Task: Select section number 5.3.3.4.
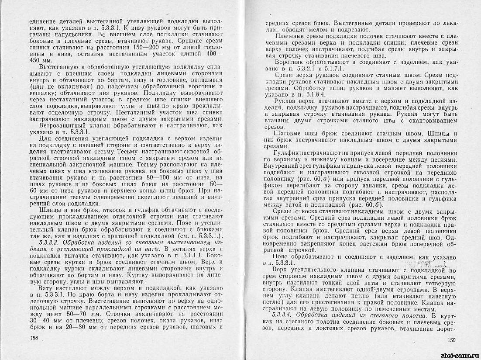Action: point(284,315)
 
